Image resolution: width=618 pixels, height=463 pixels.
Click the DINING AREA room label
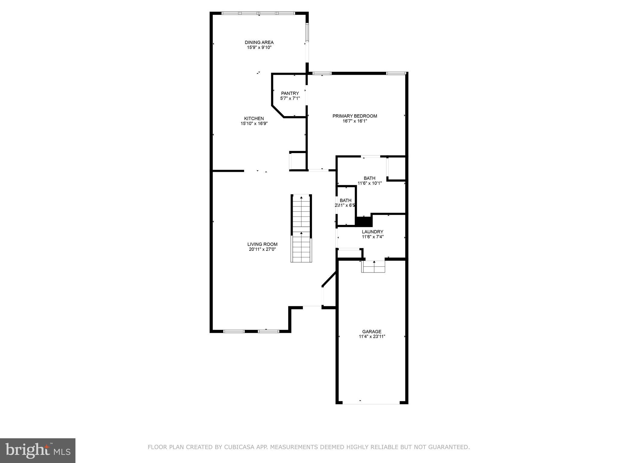point(259,43)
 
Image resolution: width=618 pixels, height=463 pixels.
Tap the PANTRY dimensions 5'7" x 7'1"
point(290,98)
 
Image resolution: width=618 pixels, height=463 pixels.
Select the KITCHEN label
point(254,118)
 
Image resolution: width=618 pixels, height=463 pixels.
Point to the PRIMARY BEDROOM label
point(355,116)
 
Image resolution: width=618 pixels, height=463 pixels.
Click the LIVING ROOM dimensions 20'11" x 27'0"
point(262,249)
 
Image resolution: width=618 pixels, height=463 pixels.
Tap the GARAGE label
point(371,332)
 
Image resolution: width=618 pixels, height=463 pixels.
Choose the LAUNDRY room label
point(372,232)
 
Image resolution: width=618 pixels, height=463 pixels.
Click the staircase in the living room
point(301,228)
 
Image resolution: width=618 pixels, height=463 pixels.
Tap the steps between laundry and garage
point(374,267)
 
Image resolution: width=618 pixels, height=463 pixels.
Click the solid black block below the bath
point(364,222)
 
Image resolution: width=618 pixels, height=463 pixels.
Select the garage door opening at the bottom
point(371,403)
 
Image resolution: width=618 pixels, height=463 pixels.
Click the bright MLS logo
point(37,450)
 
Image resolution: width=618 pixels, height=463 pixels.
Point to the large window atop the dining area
point(258,13)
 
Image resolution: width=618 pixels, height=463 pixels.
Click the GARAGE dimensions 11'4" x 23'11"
point(372,337)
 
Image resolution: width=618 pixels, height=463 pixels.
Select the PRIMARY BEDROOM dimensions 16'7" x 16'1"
point(355,121)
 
